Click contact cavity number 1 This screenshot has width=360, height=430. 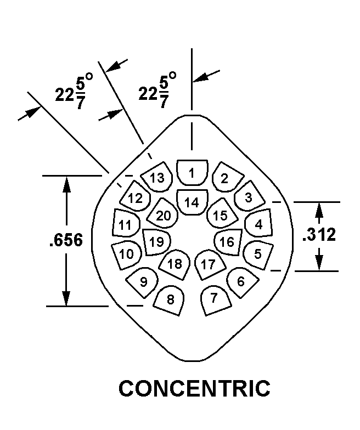(192, 172)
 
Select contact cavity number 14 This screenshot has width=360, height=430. (192, 202)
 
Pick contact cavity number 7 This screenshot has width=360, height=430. (216, 301)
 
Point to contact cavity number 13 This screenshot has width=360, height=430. (157, 178)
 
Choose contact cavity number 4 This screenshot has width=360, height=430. (258, 223)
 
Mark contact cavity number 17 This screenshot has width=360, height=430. (210, 264)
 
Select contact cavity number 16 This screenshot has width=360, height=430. (228, 242)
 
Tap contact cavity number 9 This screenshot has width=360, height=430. (142, 282)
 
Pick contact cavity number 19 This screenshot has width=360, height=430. (156, 242)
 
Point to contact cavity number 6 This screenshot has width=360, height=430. (243, 282)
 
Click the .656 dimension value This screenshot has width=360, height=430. (66, 240)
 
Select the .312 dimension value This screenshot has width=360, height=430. (319, 235)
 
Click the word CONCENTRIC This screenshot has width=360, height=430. (194, 388)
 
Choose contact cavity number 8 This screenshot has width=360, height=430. (169, 301)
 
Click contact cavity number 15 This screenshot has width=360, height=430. (222, 213)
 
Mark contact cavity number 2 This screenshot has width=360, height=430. (228, 177)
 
